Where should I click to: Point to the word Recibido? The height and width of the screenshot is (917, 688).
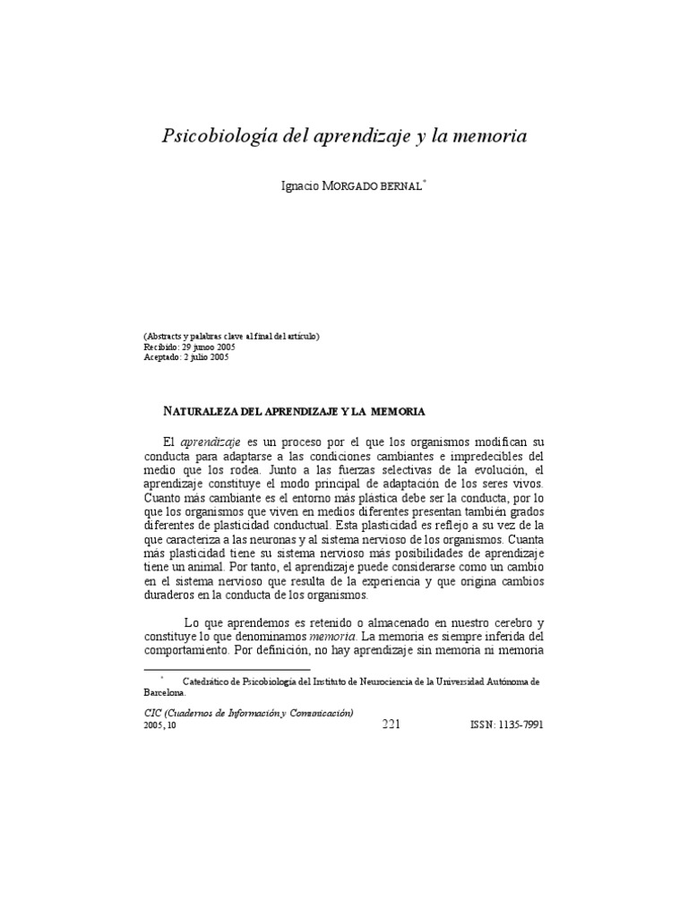click(x=160, y=345)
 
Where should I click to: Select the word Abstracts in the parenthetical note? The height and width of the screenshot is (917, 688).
click(x=168, y=335)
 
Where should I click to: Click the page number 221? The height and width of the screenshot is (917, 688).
click(x=391, y=724)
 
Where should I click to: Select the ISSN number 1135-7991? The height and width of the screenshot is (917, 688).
click(x=514, y=725)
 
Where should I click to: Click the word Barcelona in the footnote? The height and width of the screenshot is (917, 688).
click(x=165, y=692)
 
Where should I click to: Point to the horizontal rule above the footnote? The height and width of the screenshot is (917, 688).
click(x=227, y=669)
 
